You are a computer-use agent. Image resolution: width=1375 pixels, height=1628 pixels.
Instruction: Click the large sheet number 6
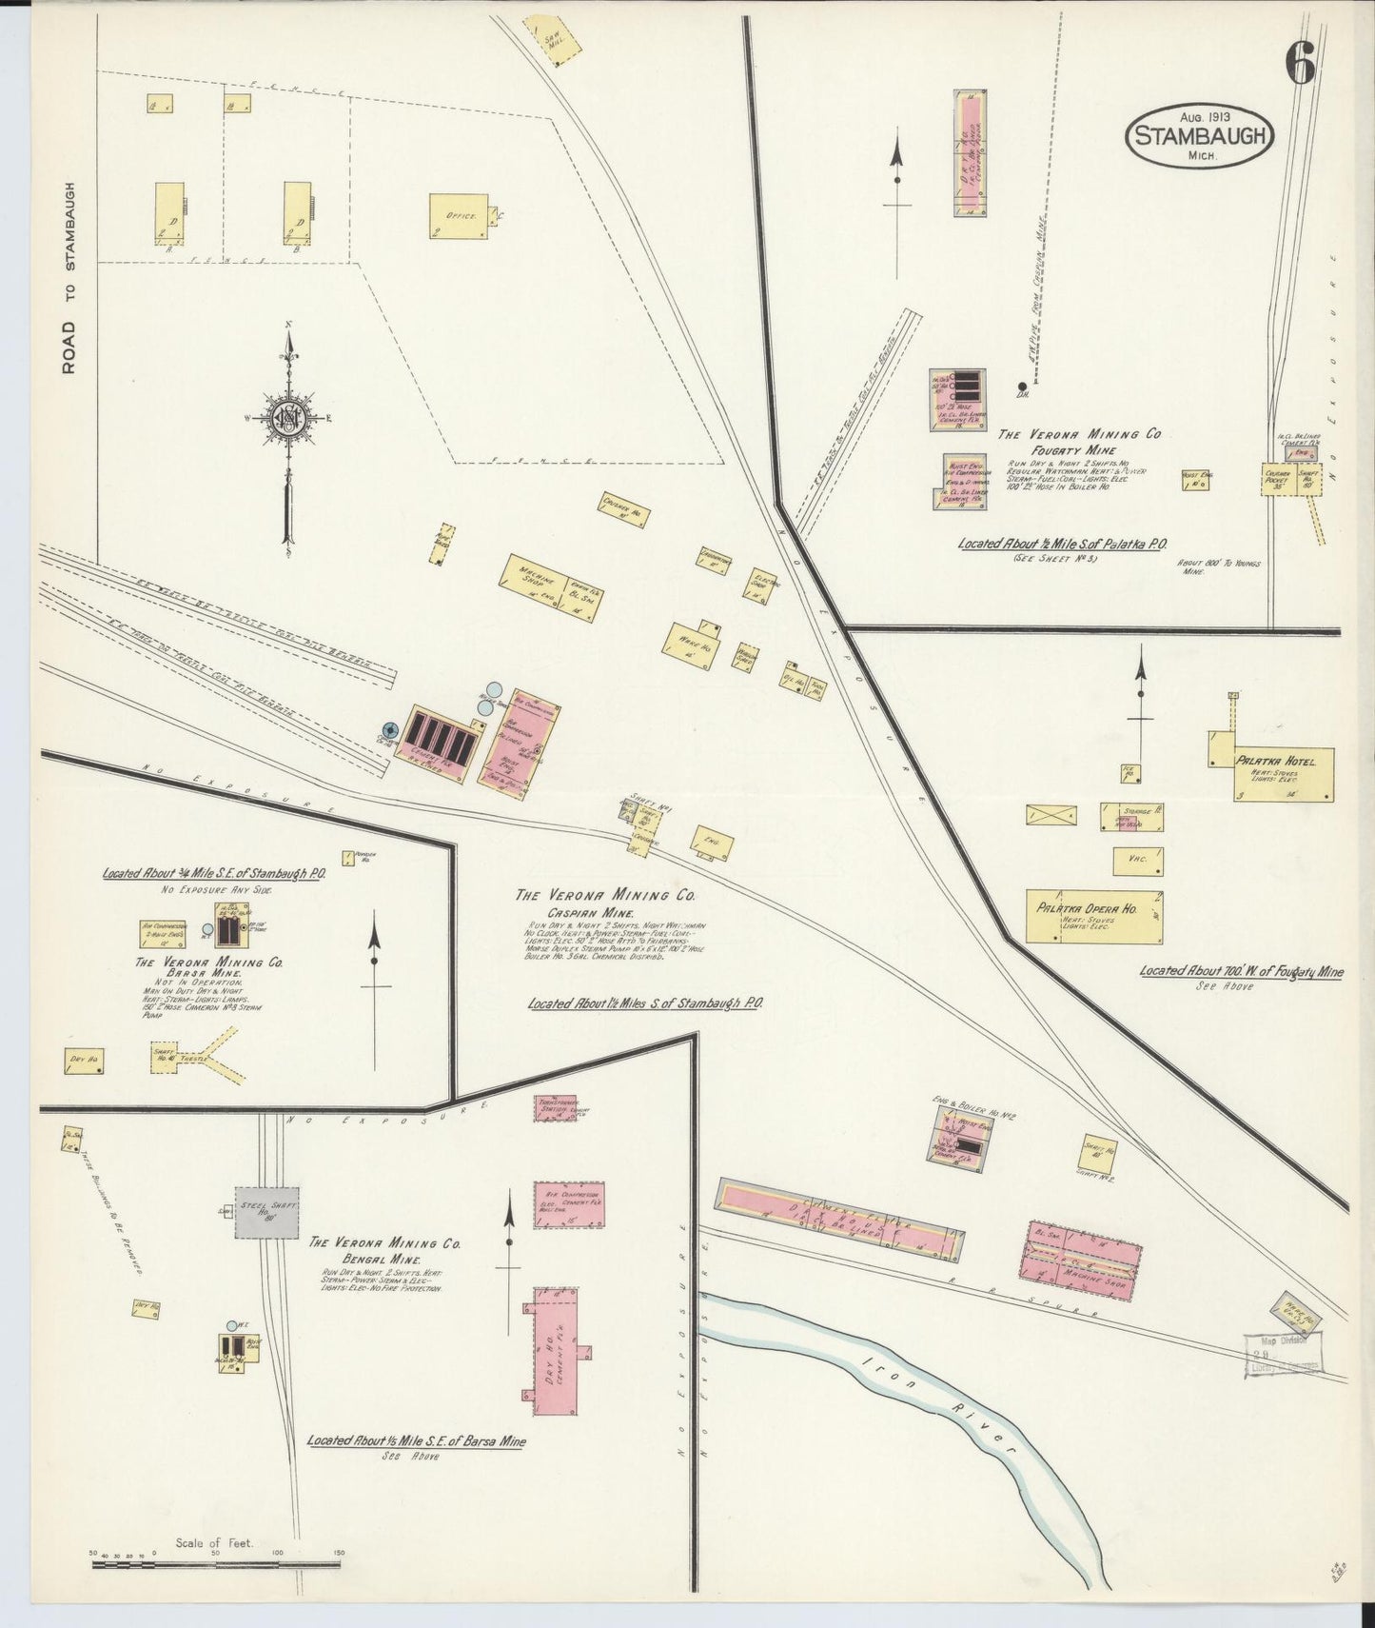point(1301,64)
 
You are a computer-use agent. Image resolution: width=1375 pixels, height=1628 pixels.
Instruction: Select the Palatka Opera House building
point(1094,915)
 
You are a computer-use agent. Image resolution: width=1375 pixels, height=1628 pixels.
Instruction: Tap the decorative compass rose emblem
point(289,418)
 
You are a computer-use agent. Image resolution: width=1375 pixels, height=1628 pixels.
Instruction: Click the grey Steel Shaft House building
point(267,1211)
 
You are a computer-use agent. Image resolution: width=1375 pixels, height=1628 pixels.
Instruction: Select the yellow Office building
point(459,217)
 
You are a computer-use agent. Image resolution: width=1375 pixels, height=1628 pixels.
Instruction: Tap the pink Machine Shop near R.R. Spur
point(1085,1260)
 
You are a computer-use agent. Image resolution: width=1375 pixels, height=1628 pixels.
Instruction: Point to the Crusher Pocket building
point(1277,479)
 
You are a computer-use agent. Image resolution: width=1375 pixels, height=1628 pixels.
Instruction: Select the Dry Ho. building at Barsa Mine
point(84,1060)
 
